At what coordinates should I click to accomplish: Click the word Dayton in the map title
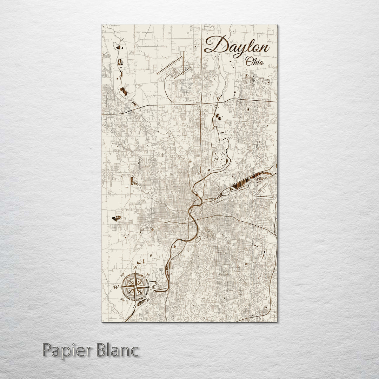coord(237,46)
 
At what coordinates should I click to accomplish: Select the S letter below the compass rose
coord(134,306)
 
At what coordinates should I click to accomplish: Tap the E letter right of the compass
coord(153,287)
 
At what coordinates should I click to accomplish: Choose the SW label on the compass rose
coord(123,300)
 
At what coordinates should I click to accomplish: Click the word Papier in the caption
coord(66,351)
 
